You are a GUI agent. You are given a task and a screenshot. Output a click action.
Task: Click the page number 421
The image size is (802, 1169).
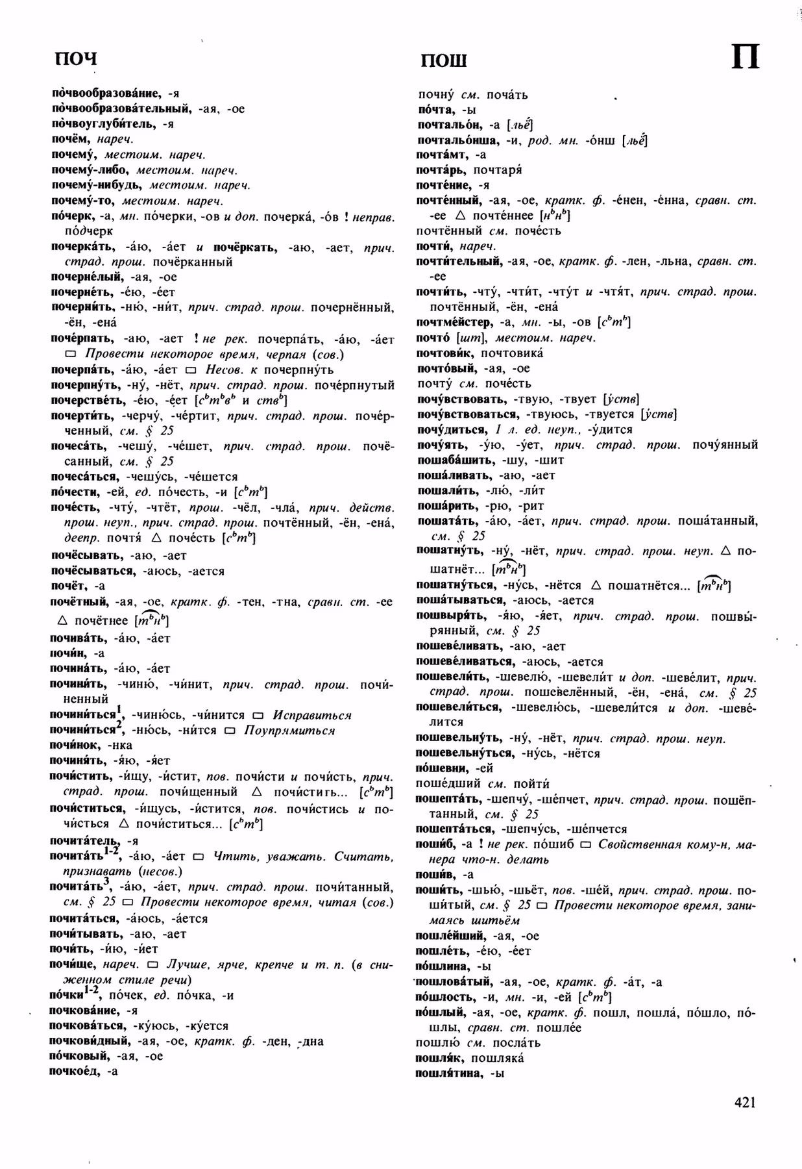point(745,1102)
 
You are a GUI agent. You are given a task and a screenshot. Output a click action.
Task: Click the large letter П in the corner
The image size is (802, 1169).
point(746,58)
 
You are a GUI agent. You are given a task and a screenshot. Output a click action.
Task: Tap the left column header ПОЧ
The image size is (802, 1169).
point(75,59)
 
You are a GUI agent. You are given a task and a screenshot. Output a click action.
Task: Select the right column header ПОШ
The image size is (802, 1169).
point(444,61)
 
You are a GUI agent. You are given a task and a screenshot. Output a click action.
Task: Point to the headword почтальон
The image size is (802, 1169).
point(450,125)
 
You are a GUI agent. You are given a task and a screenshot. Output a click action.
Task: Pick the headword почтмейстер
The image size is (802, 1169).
point(454,322)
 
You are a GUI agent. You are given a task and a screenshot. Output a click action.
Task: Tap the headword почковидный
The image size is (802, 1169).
point(90,1041)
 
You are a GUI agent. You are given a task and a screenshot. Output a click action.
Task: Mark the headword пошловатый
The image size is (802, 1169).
point(456,982)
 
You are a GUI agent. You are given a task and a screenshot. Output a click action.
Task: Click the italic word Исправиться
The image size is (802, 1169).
point(311,715)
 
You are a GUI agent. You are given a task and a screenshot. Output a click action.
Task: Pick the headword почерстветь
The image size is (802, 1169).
point(89,400)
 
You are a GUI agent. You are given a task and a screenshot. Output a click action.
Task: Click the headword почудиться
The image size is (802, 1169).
point(451,429)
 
